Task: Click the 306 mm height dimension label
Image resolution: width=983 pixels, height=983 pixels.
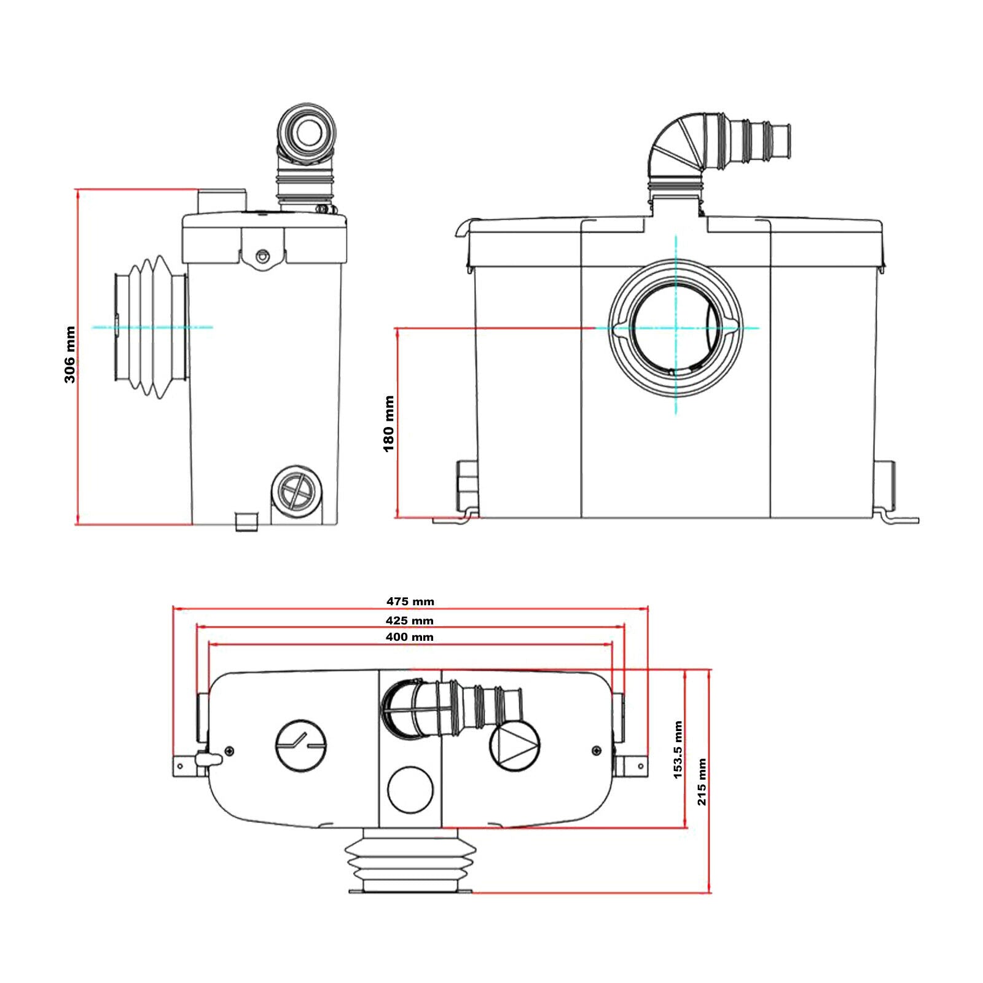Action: (69, 354)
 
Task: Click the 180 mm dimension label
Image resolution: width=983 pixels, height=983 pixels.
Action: (388, 424)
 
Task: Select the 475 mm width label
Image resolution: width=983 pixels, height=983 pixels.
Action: (410, 601)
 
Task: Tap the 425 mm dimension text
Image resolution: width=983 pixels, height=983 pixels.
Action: (409, 621)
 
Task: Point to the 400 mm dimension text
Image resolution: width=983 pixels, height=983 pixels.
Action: (409, 637)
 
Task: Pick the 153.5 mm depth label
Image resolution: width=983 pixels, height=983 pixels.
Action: (678, 750)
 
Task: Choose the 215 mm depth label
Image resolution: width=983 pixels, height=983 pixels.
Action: (702, 781)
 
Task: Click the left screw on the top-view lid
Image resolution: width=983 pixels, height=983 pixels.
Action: (229, 751)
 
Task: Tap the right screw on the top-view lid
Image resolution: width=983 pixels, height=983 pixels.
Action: (595, 751)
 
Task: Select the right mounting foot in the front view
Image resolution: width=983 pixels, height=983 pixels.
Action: (897, 517)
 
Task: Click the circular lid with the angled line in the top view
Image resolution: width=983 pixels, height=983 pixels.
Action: (301, 746)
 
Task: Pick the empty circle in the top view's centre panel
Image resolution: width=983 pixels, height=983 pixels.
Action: (410, 789)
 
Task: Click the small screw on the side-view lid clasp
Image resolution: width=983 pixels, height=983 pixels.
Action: (263, 254)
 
